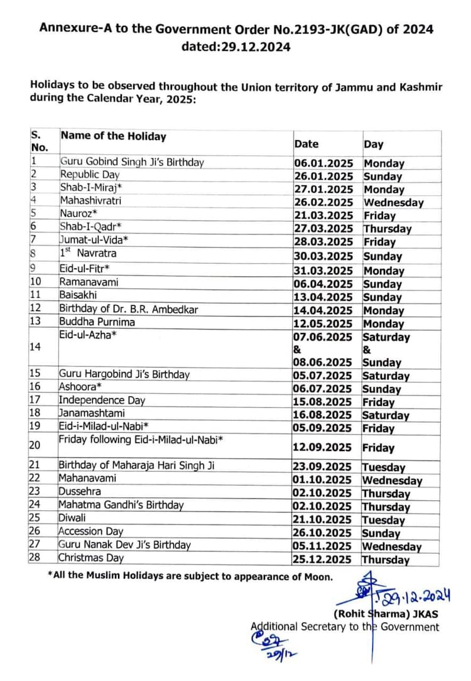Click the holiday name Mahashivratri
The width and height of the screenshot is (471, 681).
tap(90, 201)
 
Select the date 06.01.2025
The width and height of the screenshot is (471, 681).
tap(323, 163)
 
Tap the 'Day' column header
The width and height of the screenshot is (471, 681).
tap(373, 144)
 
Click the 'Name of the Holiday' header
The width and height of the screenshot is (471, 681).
tap(113, 136)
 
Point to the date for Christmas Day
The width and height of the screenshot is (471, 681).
tap(323, 559)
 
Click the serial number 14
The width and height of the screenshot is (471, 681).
tap(35, 346)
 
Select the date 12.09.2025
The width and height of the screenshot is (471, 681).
tap(323, 448)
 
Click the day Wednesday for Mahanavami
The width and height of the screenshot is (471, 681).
tap(392, 481)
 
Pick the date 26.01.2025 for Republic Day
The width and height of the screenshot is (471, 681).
tap(323, 177)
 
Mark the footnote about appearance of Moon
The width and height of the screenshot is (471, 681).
tap(190, 576)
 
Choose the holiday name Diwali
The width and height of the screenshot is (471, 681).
tap(72, 518)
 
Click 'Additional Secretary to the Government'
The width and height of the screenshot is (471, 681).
tap(345, 626)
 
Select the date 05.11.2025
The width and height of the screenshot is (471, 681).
tap(323, 546)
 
